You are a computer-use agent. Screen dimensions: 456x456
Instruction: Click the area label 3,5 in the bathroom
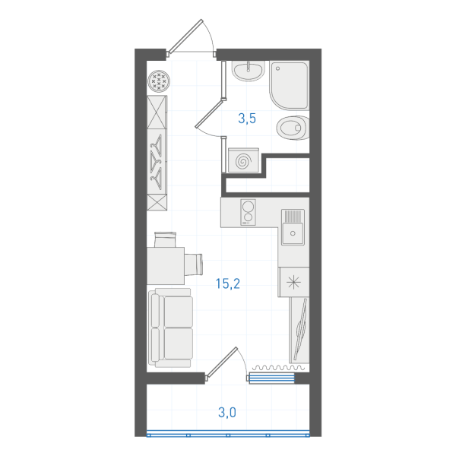click(x=247, y=119)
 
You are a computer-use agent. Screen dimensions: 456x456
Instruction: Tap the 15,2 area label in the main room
click(x=228, y=283)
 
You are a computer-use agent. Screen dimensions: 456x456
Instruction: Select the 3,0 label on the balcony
click(x=227, y=413)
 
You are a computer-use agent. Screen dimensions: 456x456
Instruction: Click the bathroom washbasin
click(x=249, y=71)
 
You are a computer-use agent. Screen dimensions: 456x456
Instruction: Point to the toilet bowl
click(x=293, y=128)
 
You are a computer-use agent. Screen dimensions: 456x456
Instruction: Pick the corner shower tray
click(x=289, y=85)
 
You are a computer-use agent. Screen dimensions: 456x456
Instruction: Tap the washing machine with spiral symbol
click(x=243, y=160)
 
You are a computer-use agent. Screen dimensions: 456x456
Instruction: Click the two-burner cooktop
click(x=248, y=212)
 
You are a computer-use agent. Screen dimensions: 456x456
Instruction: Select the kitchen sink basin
click(x=293, y=227)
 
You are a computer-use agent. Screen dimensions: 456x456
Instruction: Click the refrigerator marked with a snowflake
click(x=293, y=282)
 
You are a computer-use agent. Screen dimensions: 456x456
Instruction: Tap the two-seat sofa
click(x=171, y=328)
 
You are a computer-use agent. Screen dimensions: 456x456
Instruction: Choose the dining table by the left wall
click(x=166, y=266)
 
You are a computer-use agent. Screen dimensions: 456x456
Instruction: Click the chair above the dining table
click(x=165, y=239)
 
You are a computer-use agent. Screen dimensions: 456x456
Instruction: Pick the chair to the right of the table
click(x=193, y=264)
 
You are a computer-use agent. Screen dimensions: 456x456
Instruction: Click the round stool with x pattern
click(x=159, y=81)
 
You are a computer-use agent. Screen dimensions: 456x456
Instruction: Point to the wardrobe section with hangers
click(x=157, y=162)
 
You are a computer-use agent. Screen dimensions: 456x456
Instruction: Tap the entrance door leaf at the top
click(x=185, y=36)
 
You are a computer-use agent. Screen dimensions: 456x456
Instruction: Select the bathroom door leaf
click(x=209, y=113)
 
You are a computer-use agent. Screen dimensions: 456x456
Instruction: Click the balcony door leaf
click(x=222, y=363)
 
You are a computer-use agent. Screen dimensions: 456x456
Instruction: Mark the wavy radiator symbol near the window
click(x=278, y=368)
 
